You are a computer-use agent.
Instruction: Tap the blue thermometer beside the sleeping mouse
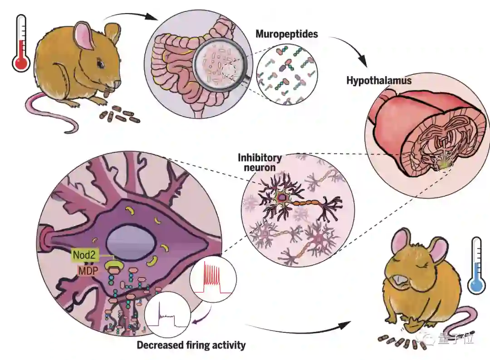(476, 265)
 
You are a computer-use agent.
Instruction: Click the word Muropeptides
(280, 34)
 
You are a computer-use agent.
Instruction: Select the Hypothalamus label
(379, 81)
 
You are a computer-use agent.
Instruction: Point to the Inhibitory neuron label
(260, 163)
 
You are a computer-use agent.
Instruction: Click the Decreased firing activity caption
(191, 345)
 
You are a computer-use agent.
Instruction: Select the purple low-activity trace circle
(167, 314)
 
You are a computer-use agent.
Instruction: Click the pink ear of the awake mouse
(84, 36)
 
